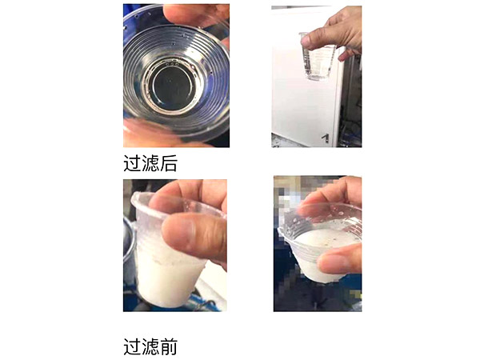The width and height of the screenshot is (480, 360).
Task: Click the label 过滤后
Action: (x=150, y=163)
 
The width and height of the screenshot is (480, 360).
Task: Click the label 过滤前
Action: (x=150, y=346)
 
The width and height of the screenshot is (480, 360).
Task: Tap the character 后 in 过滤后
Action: (x=168, y=163)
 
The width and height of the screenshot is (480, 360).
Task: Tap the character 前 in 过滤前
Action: (x=168, y=346)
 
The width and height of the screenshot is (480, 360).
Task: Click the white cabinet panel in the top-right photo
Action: (x=300, y=104)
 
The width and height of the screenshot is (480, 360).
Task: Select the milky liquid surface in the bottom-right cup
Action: (x=316, y=244)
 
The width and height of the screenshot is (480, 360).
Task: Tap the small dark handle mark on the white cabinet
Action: (x=325, y=138)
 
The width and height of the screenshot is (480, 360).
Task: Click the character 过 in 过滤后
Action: (x=132, y=163)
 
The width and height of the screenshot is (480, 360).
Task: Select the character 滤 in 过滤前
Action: (x=150, y=346)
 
